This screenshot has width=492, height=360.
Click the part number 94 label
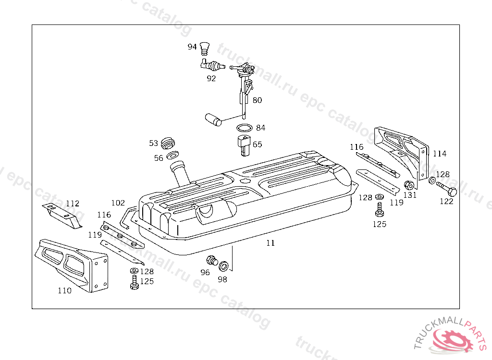click(192, 47)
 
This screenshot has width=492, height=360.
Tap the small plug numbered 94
click(205, 48)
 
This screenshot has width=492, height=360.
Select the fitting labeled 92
click(212, 64)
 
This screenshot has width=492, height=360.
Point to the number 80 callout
click(257, 100)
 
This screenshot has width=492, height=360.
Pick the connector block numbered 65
click(243, 144)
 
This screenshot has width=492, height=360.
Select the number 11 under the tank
click(271, 243)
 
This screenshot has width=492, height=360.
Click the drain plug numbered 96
click(210, 261)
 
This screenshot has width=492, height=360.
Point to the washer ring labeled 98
click(223, 266)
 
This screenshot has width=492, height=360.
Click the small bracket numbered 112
click(62, 215)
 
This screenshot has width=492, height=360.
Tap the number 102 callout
click(118, 203)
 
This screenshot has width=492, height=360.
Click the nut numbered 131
click(409, 185)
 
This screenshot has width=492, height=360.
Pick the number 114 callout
click(439, 154)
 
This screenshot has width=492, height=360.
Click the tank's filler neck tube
click(181, 174)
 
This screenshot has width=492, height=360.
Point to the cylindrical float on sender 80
click(212, 120)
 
